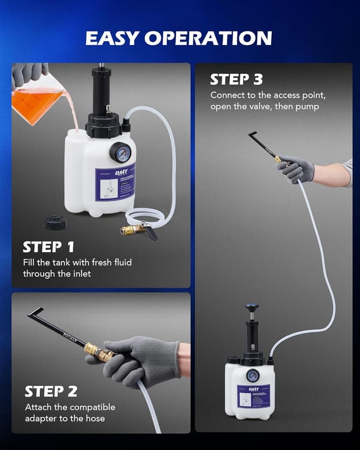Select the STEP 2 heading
click(x=51, y=391)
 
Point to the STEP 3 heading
click(x=237, y=79)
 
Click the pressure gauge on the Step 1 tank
click(x=119, y=152)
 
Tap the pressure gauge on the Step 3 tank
click(x=252, y=376)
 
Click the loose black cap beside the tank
click(x=55, y=222)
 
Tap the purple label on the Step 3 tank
click(x=253, y=396)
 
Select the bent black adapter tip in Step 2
click(x=35, y=312)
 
